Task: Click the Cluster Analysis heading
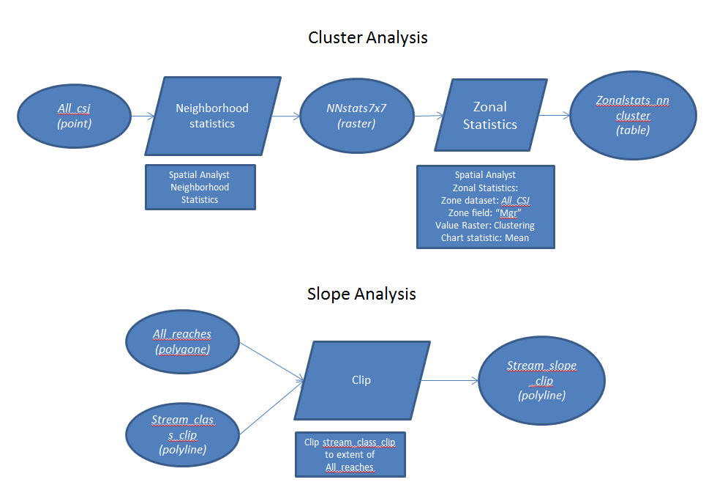click(368, 37)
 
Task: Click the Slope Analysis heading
click(361, 294)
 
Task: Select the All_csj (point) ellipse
click(74, 116)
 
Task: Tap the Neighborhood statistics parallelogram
click(212, 116)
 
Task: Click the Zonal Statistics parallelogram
click(489, 116)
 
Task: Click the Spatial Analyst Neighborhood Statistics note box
click(200, 187)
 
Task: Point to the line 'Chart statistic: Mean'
click(485, 237)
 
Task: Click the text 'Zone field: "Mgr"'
click(485, 212)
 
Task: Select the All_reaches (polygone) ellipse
click(182, 341)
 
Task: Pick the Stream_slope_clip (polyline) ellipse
click(541, 380)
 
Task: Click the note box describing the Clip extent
click(350, 455)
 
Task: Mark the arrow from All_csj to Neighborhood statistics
click(142, 116)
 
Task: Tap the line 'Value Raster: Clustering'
click(485, 225)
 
